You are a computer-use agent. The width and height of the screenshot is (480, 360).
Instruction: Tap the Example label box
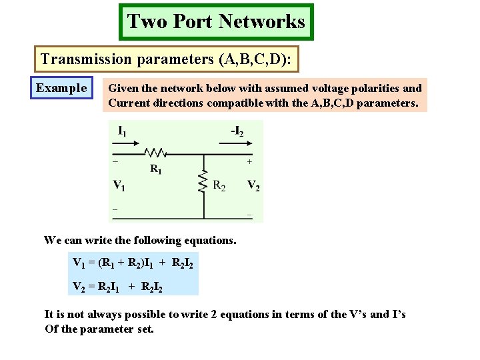[x=61, y=88]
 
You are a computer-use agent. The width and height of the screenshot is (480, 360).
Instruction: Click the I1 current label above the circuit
[x=123, y=131]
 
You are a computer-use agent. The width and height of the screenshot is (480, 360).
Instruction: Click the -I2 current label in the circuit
[x=237, y=131]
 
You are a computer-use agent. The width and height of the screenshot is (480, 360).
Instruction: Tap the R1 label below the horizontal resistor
[x=155, y=169]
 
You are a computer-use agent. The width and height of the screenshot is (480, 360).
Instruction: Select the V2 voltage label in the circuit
[x=253, y=185]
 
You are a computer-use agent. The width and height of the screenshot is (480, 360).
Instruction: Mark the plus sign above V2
[x=249, y=161]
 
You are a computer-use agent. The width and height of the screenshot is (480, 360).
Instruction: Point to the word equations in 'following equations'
[x=209, y=240]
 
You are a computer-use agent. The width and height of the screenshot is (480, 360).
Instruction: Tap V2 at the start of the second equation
[x=79, y=287]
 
